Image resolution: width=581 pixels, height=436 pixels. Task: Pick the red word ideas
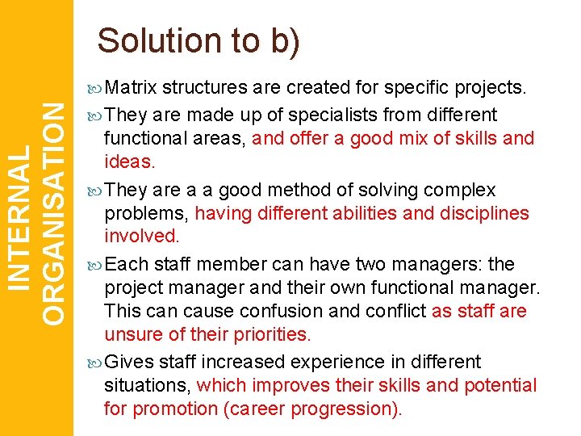pyautogui.click(x=129, y=161)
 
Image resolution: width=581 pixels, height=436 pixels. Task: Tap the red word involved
pyautogui.click(x=141, y=236)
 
